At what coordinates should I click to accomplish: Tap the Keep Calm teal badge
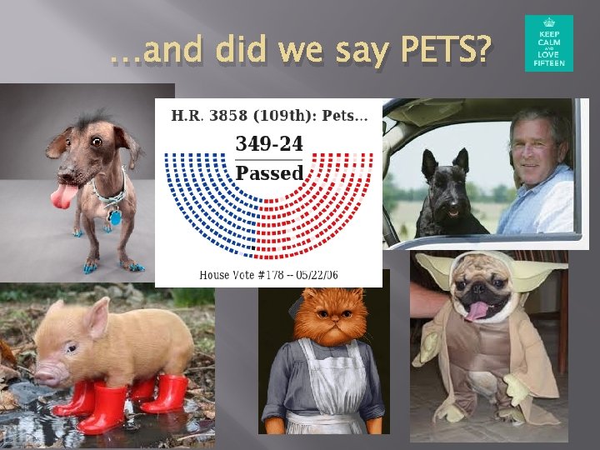[548, 43]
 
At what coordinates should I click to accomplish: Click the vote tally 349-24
[269, 143]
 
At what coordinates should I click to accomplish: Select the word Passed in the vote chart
[269, 172]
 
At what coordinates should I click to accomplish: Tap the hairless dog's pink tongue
[63, 197]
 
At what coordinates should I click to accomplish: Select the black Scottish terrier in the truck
[449, 197]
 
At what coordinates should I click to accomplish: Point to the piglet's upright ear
[97, 317]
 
